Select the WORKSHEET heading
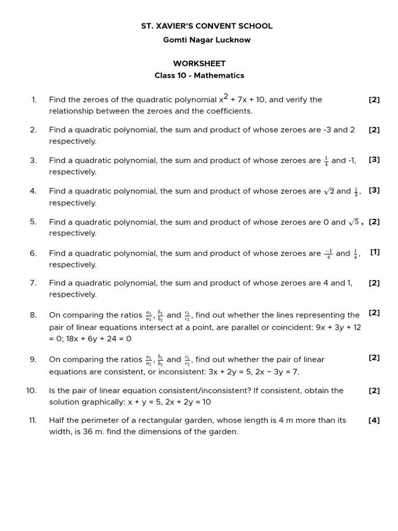[x=199, y=63]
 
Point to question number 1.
[x=34, y=100]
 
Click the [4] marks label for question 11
[x=374, y=421]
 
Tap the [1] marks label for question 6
[x=375, y=252]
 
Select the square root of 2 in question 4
[x=329, y=191]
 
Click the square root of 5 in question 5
[x=353, y=222]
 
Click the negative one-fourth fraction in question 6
[x=329, y=254]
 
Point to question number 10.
[x=31, y=390]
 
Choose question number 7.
[x=33, y=283]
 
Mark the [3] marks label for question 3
[x=374, y=160]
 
